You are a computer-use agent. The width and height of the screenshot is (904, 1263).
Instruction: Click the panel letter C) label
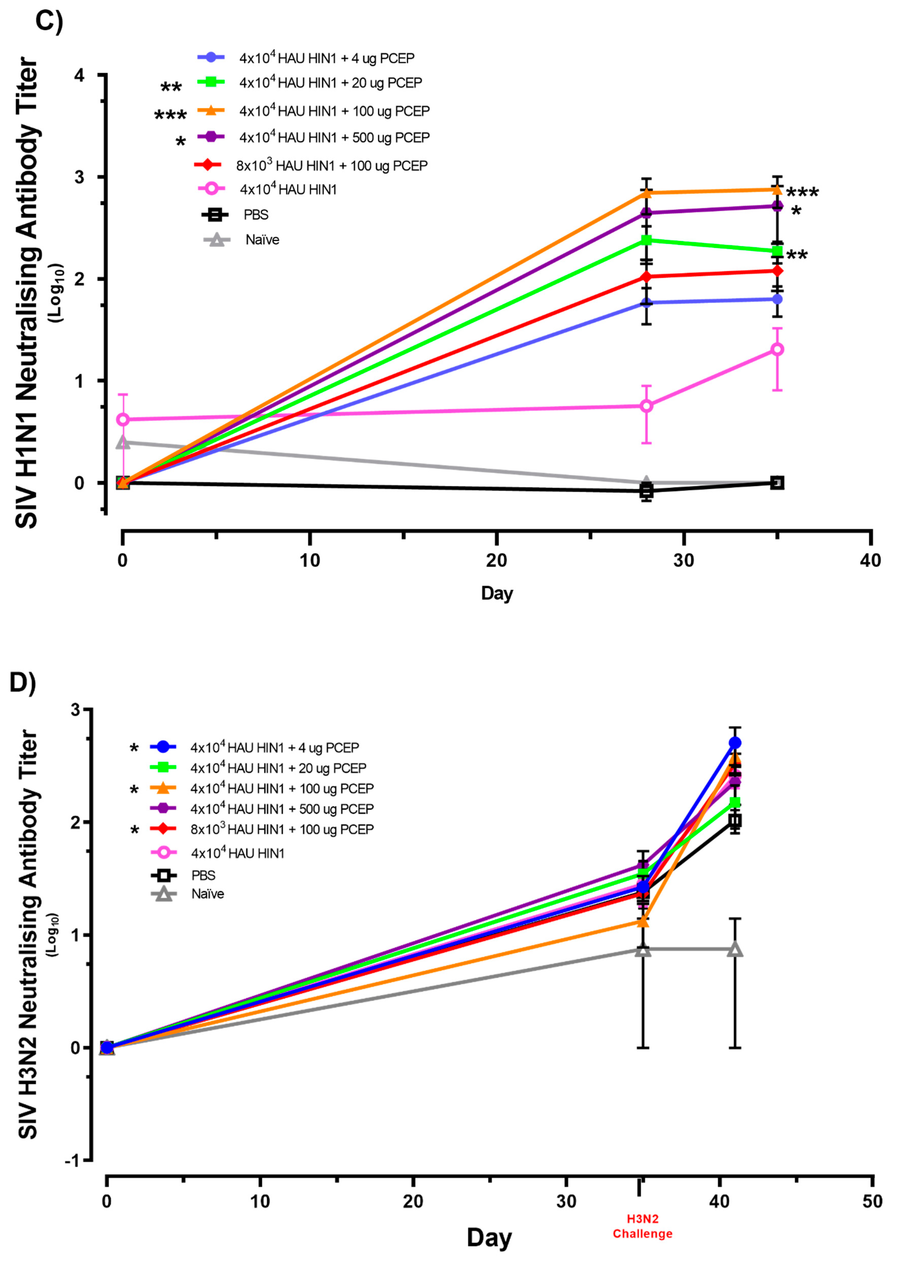point(49,21)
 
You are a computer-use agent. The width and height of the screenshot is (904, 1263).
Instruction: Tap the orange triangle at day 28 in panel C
point(646,193)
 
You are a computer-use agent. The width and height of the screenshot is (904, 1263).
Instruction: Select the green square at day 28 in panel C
point(646,240)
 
